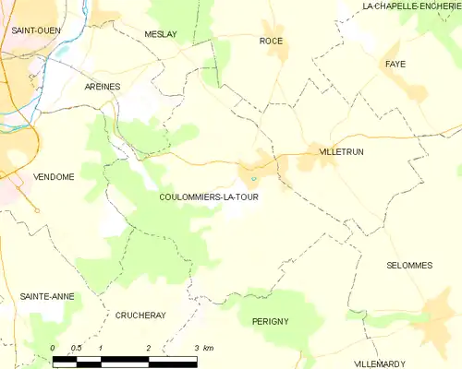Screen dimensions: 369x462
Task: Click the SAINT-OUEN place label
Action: coord(36,30)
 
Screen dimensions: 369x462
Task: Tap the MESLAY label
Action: coord(161,34)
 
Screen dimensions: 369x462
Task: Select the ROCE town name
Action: coord(271,41)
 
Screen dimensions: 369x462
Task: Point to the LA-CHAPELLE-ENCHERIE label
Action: coord(411,6)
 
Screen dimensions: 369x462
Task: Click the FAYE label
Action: coord(396,64)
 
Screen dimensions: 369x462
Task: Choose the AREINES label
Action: coord(103,86)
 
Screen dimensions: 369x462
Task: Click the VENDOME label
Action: coord(54,177)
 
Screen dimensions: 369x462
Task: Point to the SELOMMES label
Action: coord(408,265)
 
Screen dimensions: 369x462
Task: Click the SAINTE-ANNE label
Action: coord(47,296)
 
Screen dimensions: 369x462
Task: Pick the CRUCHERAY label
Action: coord(140,315)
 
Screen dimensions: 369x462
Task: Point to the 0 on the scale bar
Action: coord(53,348)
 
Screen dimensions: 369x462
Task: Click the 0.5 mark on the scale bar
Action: coord(77,348)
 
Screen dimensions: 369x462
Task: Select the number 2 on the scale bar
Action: coord(148,348)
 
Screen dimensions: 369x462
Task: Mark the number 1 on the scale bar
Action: coord(101,348)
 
